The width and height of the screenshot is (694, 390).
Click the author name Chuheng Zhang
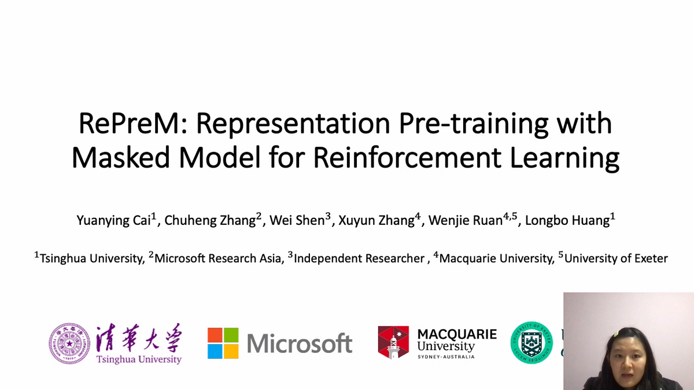[x=210, y=221]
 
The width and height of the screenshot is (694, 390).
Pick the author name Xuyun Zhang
[x=376, y=221]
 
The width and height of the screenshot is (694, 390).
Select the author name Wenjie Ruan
[x=465, y=221]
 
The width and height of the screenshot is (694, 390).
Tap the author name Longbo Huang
[x=567, y=221]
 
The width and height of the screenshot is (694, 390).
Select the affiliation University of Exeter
[x=615, y=258]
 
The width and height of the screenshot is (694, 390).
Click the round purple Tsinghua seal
[x=69, y=344]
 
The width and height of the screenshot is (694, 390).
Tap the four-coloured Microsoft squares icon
[x=223, y=343]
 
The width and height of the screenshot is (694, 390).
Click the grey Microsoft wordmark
[x=300, y=344]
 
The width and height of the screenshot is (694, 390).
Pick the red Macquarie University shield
[x=393, y=343]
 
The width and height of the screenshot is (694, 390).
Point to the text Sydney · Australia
[x=446, y=357]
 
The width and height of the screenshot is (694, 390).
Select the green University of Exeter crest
[x=531, y=343]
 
